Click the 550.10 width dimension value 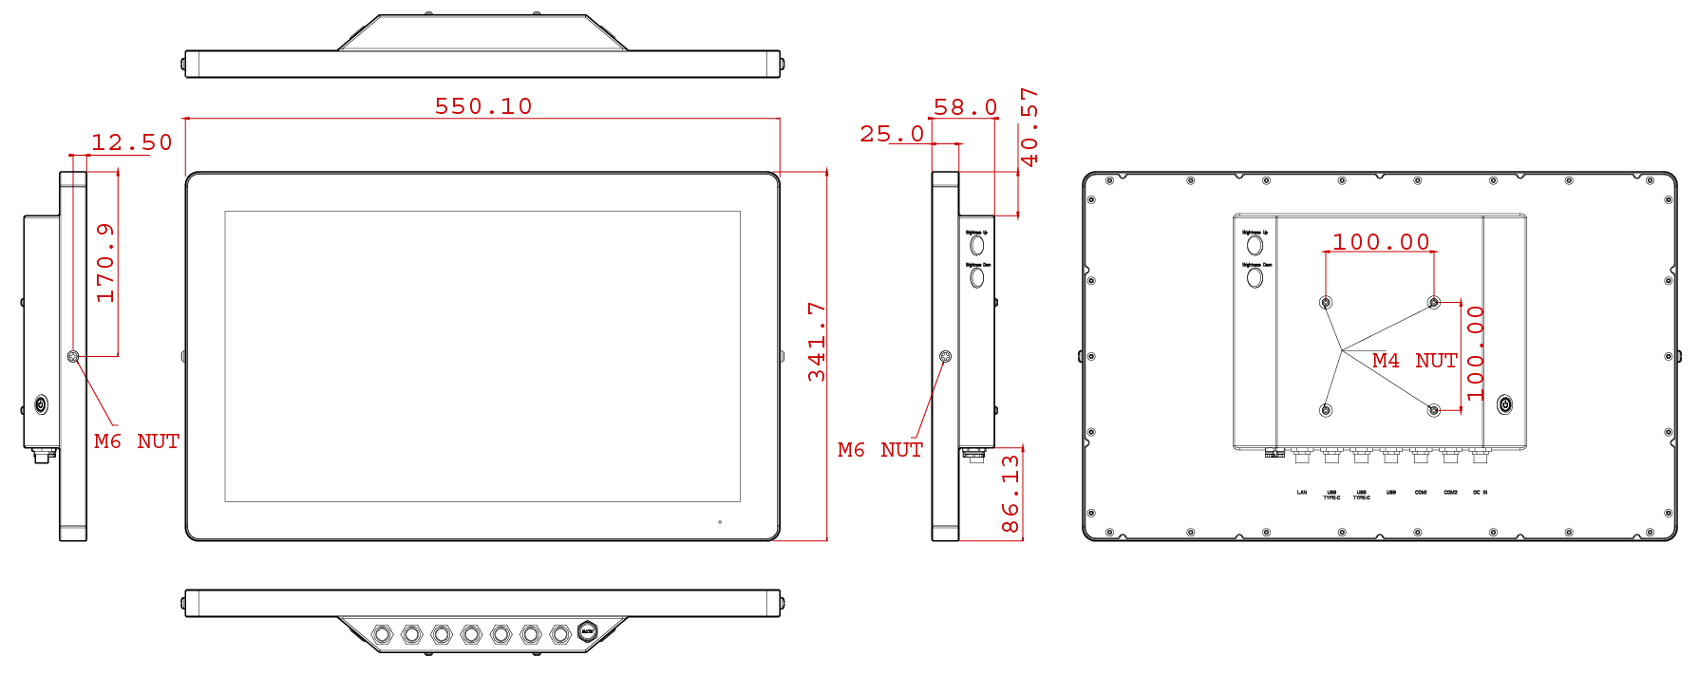click(x=483, y=106)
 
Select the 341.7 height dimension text click(x=817, y=343)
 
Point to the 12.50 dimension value click(x=132, y=142)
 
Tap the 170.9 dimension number click(x=104, y=263)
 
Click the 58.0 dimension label click(x=965, y=107)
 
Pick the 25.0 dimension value click(x=892, y=134)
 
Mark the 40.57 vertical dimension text click(x=1029, y=127)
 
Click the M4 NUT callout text click(x=1414, y=361)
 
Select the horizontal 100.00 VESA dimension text click(x=1381, y=242)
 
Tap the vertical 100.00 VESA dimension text click(x=1475, y=352)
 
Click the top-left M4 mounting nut click(x=1326, y=303)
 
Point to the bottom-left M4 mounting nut click(x=1326, y=410)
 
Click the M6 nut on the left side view click(x=73, y=356)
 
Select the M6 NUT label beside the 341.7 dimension click(x=879, y=450)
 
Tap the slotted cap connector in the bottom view click(x=588, y=631)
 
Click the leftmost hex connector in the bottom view click(x=382, y=633)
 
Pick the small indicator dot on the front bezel click(x=719, y=522)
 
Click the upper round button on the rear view click(x=1255, y=245)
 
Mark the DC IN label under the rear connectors click(x=1480, y=493)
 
